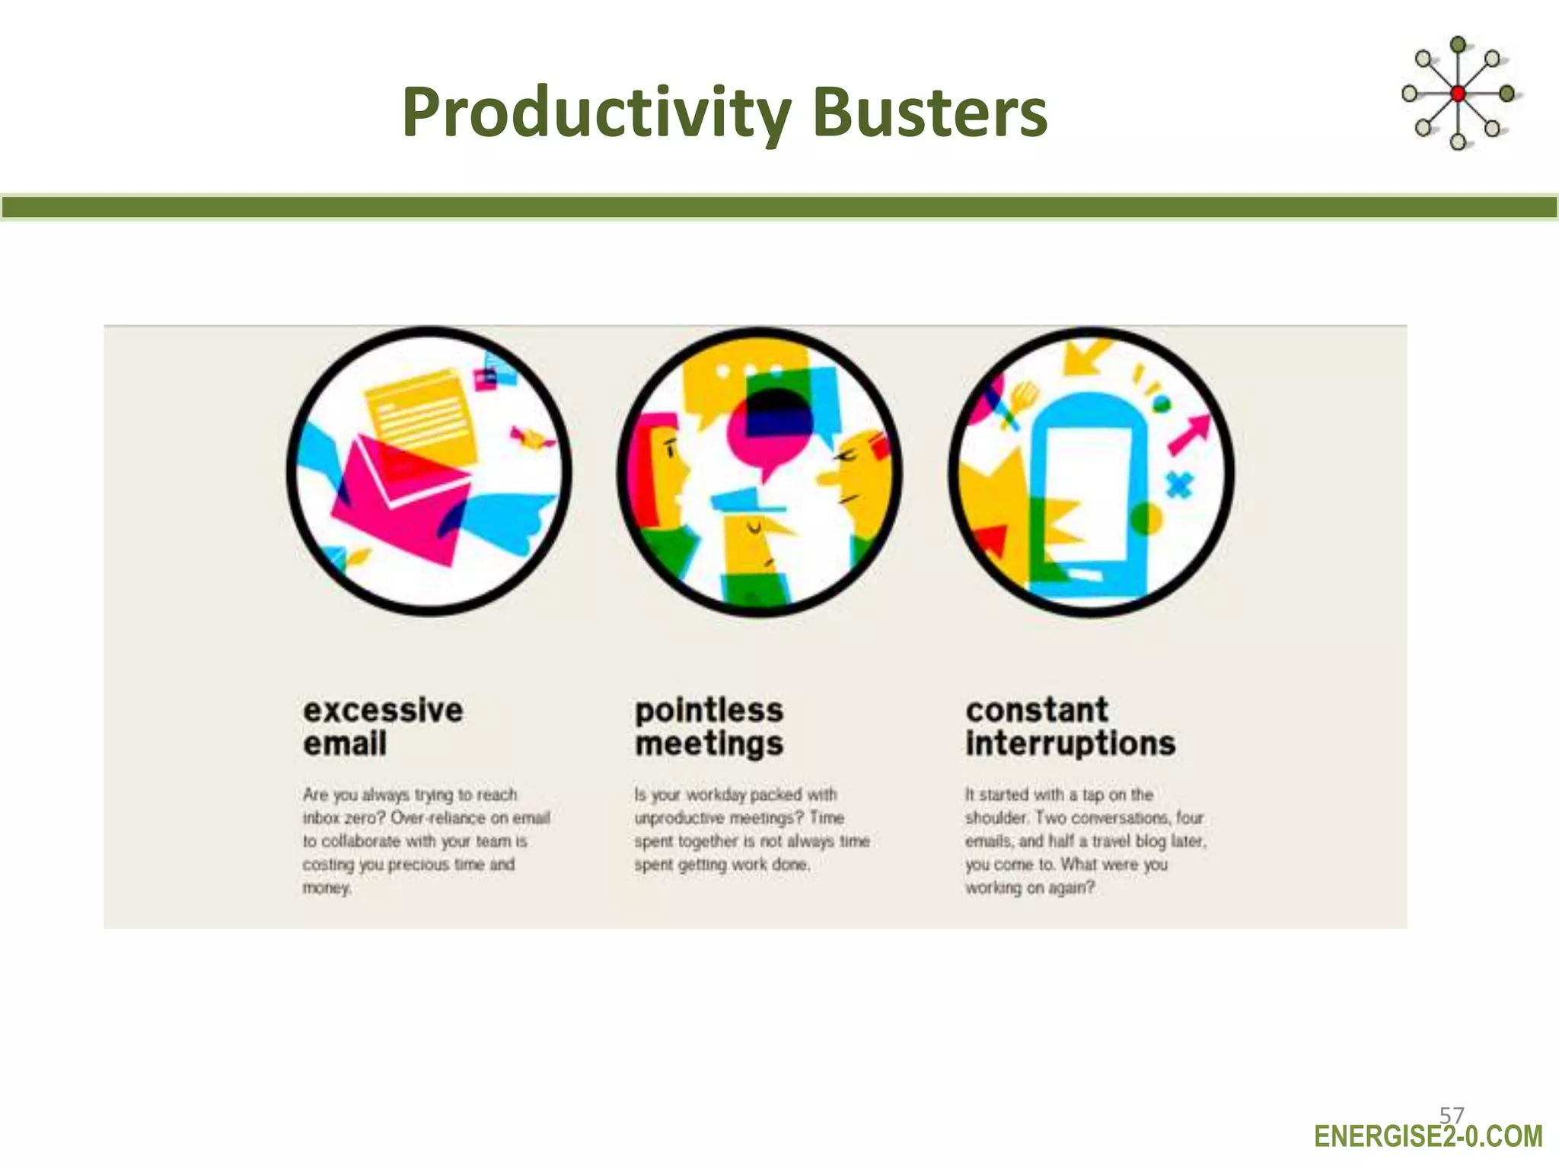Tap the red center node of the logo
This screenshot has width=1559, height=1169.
click(1458, 94)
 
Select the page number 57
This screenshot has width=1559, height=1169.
click(1451, 1116)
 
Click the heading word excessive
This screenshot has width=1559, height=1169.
click(383, 710)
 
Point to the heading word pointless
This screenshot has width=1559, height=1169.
click(709, 710)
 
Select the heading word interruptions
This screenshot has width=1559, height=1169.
click(1070, 744)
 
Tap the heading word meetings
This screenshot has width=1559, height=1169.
click(709, 744)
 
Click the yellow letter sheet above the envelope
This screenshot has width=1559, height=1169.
click(421, 411)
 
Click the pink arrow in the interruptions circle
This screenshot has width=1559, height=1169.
click(1190, 434)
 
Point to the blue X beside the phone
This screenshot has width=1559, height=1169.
click(1179, 485)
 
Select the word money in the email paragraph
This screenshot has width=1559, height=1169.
click(326, 888)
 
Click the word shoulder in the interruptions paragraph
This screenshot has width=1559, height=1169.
click(996, 818)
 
